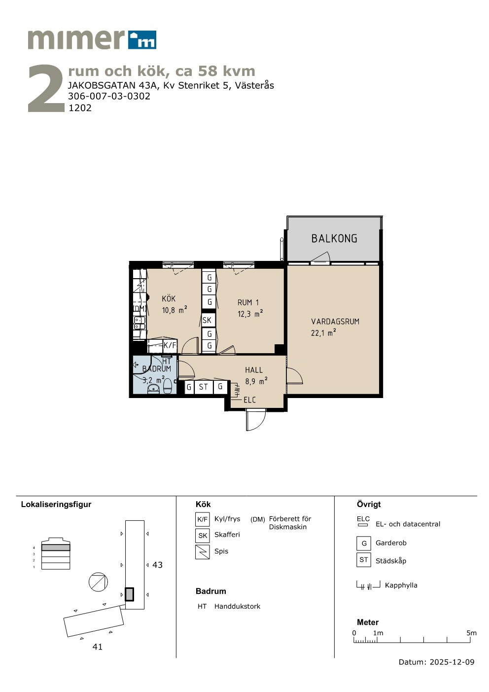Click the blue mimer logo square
[142, 40]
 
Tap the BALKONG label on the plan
[334, 239]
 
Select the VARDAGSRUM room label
[335, 321]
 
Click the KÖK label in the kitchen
[169, 298]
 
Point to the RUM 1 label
[248, 302]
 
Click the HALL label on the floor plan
[254, 370]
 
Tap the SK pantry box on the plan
[207, 320]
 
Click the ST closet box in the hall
[203, 387]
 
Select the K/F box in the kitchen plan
[170, 345]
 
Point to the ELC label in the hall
[249, 400]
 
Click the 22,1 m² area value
[323, 333]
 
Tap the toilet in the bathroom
[167, 386]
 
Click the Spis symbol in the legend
[203, 552]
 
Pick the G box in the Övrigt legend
[364, 544]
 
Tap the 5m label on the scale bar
[471, 633]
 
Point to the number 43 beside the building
[157, 565]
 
